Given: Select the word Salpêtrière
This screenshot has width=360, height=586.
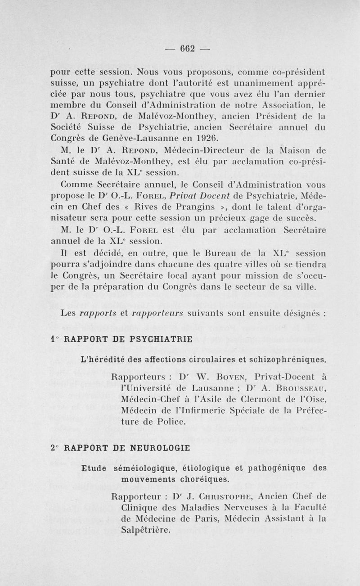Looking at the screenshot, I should (x=146, y=531).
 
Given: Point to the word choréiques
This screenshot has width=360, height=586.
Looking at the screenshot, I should (x=203, y=478).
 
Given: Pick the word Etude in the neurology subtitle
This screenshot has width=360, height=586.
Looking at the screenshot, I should (x=94, y=467).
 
